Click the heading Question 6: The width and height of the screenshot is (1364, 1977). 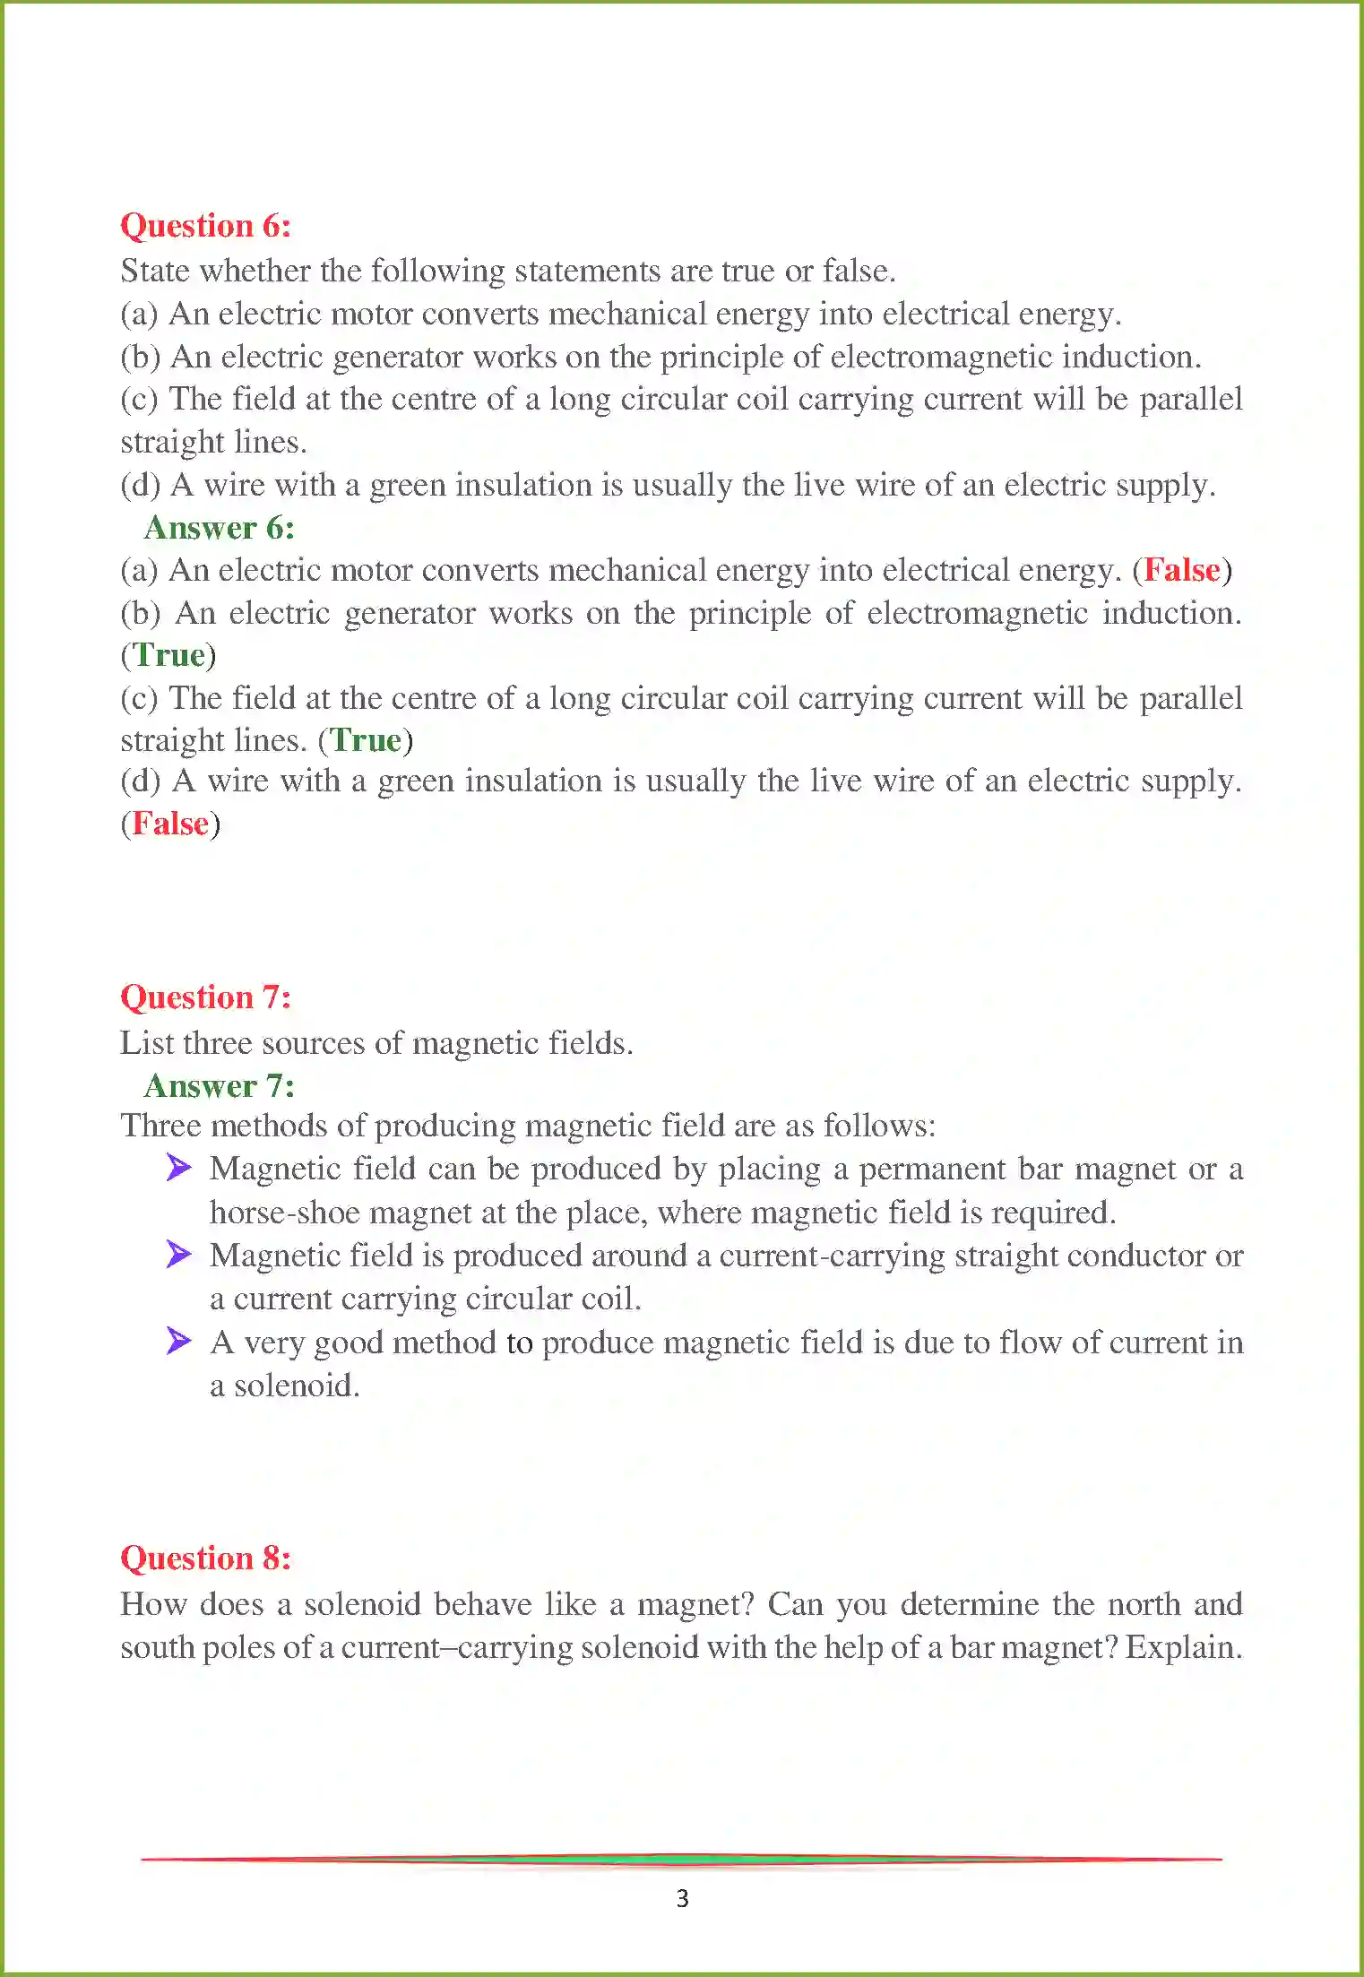click(x=205, y=226)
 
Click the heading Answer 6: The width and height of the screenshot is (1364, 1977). click(x=219, y=528)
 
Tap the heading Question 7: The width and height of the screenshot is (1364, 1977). click(x=205, y=997)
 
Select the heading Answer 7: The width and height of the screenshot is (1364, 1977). click(x=219, y=1086)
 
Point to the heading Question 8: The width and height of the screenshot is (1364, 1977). click(x=205, y=1558)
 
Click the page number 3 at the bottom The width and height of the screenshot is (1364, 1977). click(x=682, y=1898)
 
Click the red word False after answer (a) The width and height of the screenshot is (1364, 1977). click(x=1182, y=570)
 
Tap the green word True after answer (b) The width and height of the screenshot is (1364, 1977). click(x=169, y=655)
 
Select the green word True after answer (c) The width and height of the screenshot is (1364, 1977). click(x=366, y=740)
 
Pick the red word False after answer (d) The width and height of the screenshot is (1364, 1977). click(x=170, y=824)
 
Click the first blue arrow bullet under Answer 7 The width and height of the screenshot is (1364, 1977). click(x=178, y=1168)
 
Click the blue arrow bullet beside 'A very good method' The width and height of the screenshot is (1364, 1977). click(x=178, y=1341)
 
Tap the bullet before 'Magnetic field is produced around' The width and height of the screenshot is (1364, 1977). click(x=178, y=1255)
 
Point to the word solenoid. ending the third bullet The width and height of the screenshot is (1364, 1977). click(x=296, y=1386)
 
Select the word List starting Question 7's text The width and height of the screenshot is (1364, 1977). click(x=147, y=1043)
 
